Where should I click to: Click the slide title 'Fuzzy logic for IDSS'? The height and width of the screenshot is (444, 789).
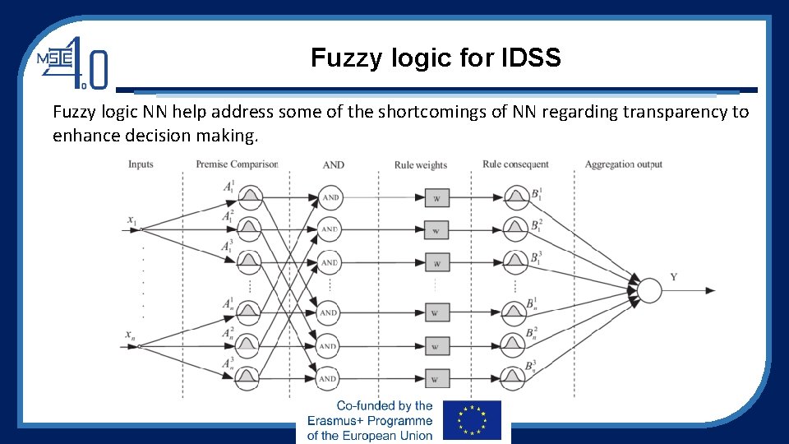(x=436, y=58)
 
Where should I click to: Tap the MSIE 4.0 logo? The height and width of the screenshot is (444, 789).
(x=72, y=62)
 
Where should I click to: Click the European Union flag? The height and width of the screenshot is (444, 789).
(x=472, y=420)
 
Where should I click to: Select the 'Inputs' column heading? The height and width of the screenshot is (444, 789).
(x=141, y=164)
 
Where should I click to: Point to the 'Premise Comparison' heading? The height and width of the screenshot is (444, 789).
(x=237, y=164)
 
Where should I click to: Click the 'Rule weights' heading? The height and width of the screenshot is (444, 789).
(x=421, y=165)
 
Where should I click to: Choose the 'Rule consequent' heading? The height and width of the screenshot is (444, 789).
(x=515, y=164)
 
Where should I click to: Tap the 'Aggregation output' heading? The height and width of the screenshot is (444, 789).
(x=623, y=164)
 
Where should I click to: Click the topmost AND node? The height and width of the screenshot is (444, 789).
(x=330, y=197)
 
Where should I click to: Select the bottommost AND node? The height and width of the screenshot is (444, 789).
(x=330, y=378)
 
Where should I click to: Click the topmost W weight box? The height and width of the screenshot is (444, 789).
(x=436, y=198)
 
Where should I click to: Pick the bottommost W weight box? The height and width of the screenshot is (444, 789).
(x=436, y=379)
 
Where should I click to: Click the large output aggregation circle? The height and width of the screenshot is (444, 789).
(x=649, y=290)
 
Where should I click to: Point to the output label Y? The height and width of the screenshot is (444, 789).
(x=674, y=278)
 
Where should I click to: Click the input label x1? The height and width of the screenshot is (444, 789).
(x=131, y=220)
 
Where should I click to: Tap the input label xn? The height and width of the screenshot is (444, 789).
(x=131, y=335)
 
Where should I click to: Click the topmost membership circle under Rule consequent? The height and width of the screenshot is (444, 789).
(x=515, y=197)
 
